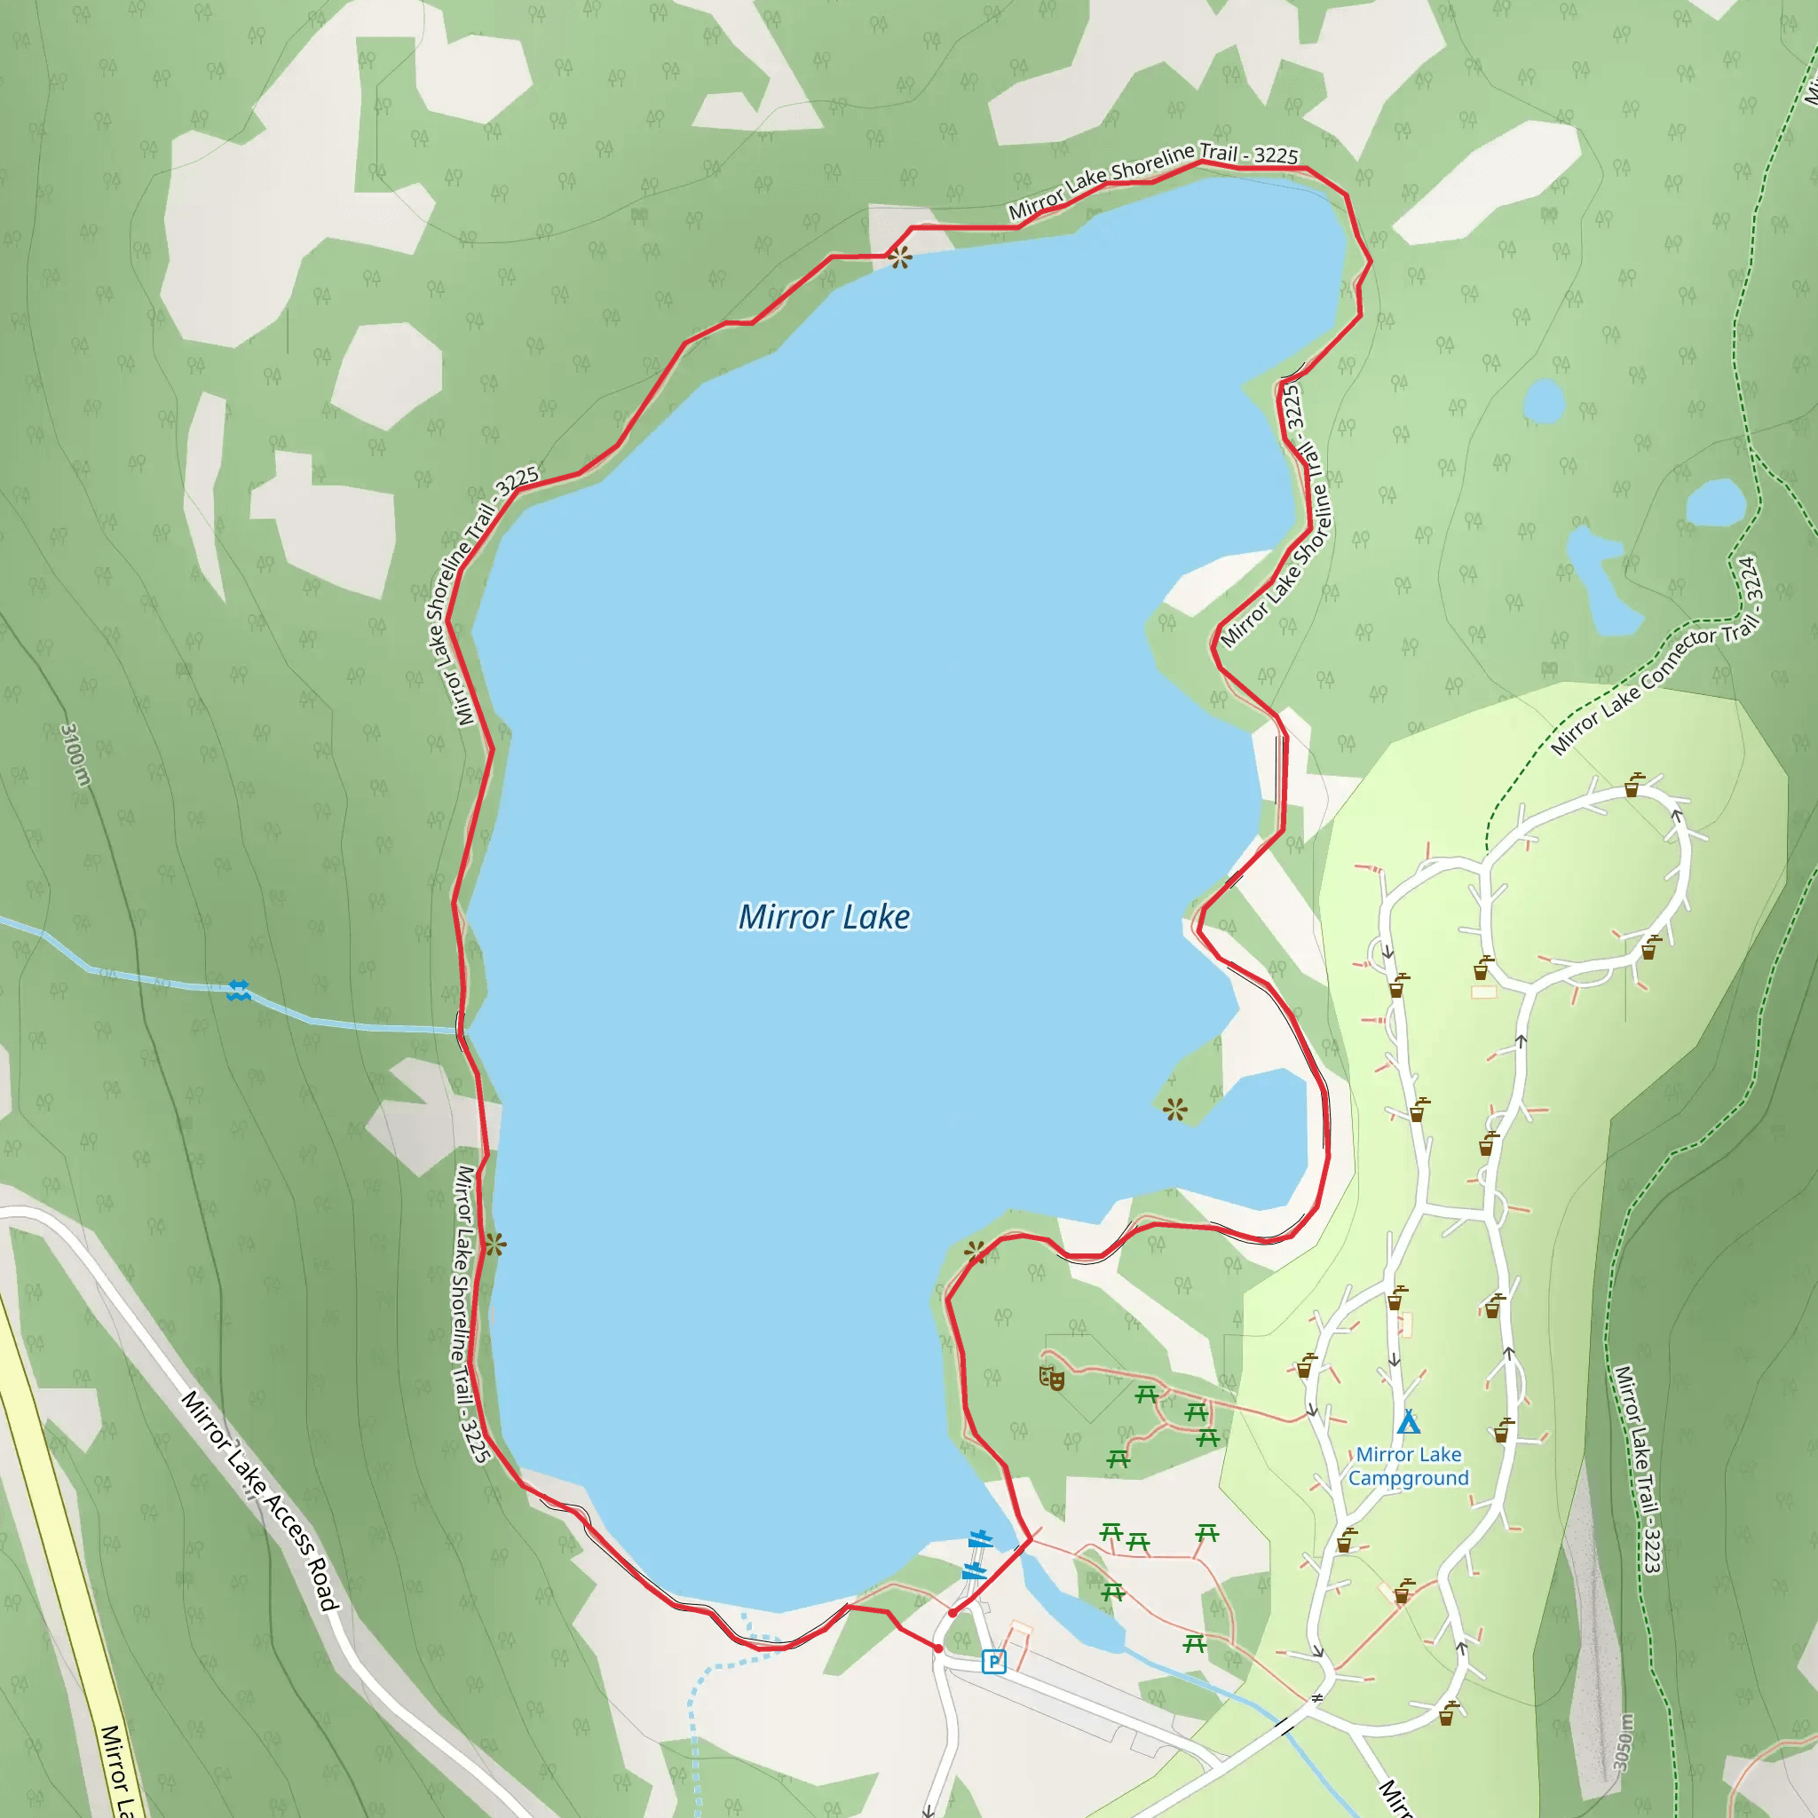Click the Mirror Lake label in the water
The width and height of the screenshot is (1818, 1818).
tap(824, 916)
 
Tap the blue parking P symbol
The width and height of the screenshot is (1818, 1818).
tap(992, 1662)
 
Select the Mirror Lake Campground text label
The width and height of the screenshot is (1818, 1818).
tap(1408, 1466)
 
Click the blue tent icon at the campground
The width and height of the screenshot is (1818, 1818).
tap(1408, 1421)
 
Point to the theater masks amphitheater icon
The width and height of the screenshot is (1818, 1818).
tap(1051, 1379)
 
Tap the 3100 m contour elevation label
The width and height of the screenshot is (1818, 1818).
tap(75, 754)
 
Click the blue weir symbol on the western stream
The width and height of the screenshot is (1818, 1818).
tap(238, 990)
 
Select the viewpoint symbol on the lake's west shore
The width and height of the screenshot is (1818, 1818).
tap(495, 1245)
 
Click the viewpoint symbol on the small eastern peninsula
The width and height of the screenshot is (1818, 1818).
tap(1174, 1111)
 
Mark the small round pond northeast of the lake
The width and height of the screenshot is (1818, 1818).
tap(1543, 401)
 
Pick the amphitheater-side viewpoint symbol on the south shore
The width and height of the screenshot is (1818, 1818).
tap(974, 1252)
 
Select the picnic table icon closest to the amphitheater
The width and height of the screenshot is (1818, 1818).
tap(1146, 1395)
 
